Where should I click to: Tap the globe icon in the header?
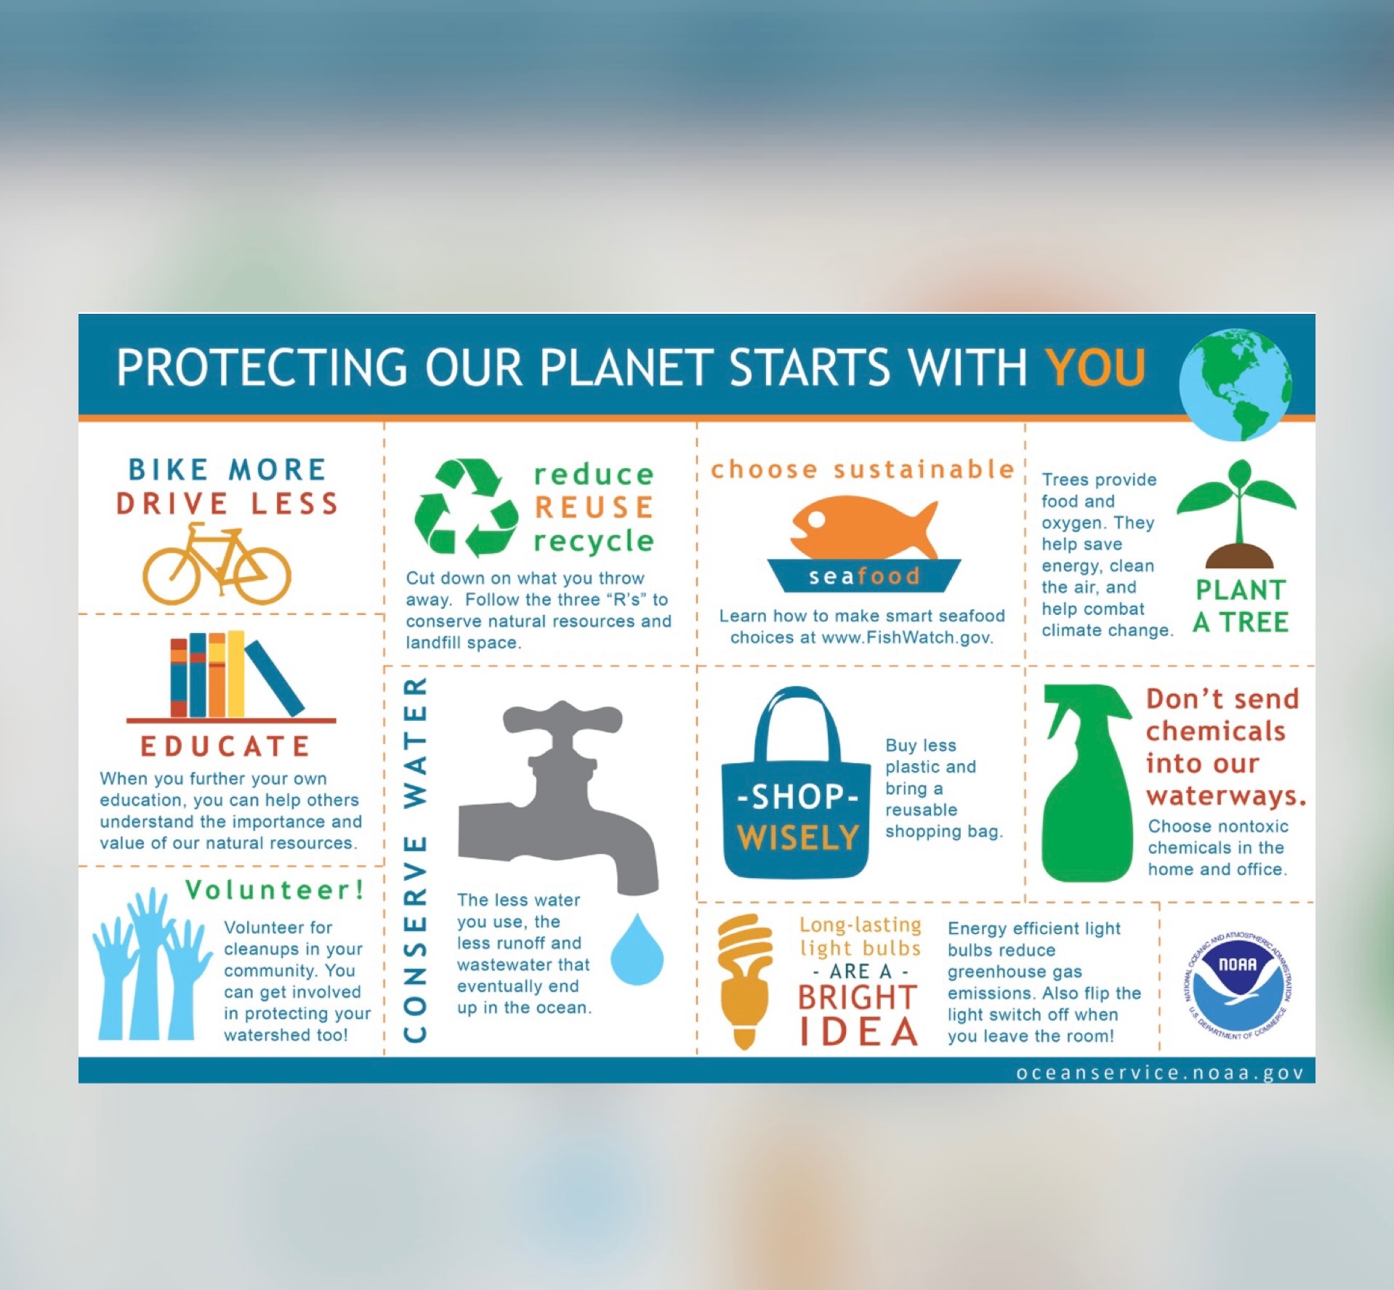pos(1236,384)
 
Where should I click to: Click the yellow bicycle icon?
pos(217,564)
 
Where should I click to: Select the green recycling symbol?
pos(466,507)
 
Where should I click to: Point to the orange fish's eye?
pos(818,519)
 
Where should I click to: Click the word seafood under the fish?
pos(864,576)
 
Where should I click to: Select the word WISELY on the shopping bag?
pos(798,837)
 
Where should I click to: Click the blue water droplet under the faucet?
pos(637,950)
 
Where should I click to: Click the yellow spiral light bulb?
pos(744,980)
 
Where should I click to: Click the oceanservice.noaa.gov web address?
pos(1160,1073)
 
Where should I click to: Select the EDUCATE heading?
pos(225,746)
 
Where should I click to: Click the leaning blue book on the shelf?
pos(275,678)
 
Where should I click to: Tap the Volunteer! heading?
pos(275,890)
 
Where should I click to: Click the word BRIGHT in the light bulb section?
pos(857,997)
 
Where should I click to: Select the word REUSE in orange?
pos(595,507)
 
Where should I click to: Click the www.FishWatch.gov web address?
pos(907,637)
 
